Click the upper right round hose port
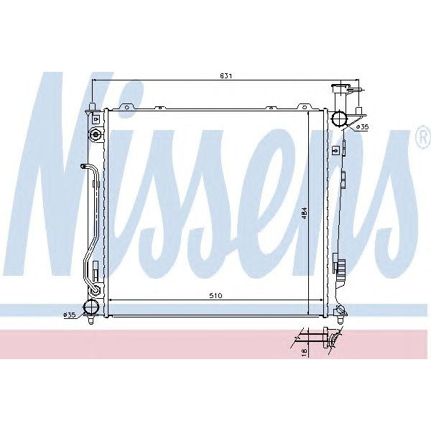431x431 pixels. pos(338,118)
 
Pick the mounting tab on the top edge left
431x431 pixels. pos(126,108)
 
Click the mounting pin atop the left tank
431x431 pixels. pos(92,108)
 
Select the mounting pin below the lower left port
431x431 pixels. pos(91,321)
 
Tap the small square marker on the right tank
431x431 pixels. pos(336,151)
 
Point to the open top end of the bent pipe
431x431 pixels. pos(83,166)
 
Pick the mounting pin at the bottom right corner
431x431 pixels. pos(338,310)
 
